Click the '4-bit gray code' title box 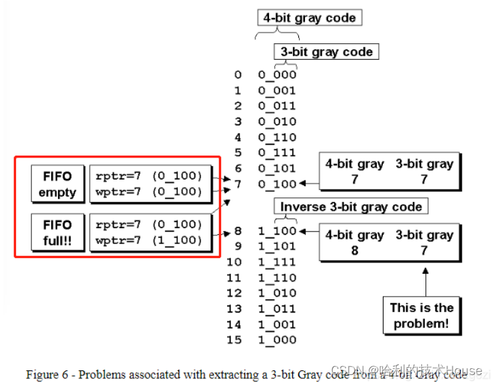[x=310, y=17]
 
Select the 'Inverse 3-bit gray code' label [x=351, y=207]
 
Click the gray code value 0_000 [x=277, y=75]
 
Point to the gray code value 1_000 [x=277, y=340]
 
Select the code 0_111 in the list [x=277, y=153]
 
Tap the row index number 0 [x=238, y=75]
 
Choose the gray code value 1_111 [x=277, y=263]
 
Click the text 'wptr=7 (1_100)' [x=148, y=240]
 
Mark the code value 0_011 [x=277, y=106]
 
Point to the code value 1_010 [x=277, y=293]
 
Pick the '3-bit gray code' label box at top [x=326, y=52]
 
